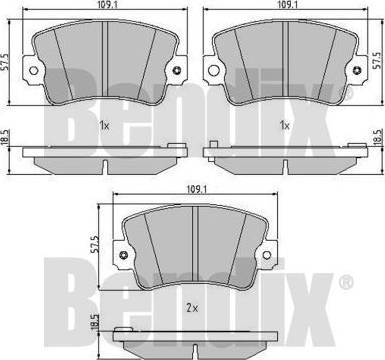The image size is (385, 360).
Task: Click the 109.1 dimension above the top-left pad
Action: pos(105,4)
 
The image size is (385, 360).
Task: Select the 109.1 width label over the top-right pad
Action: pos(286,4)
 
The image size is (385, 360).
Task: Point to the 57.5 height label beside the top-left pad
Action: pos(4,62)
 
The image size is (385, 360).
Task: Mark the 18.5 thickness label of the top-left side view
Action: pos(4,138)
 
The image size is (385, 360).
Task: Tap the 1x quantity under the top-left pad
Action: pos(104,126)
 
